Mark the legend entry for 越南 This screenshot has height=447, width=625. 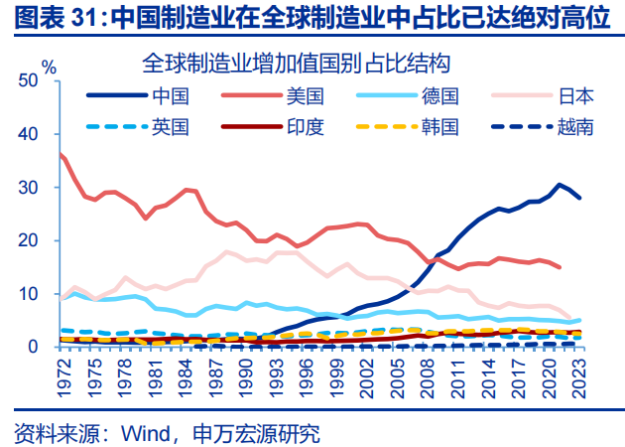(575, 126)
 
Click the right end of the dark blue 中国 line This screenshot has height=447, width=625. (579, 198)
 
